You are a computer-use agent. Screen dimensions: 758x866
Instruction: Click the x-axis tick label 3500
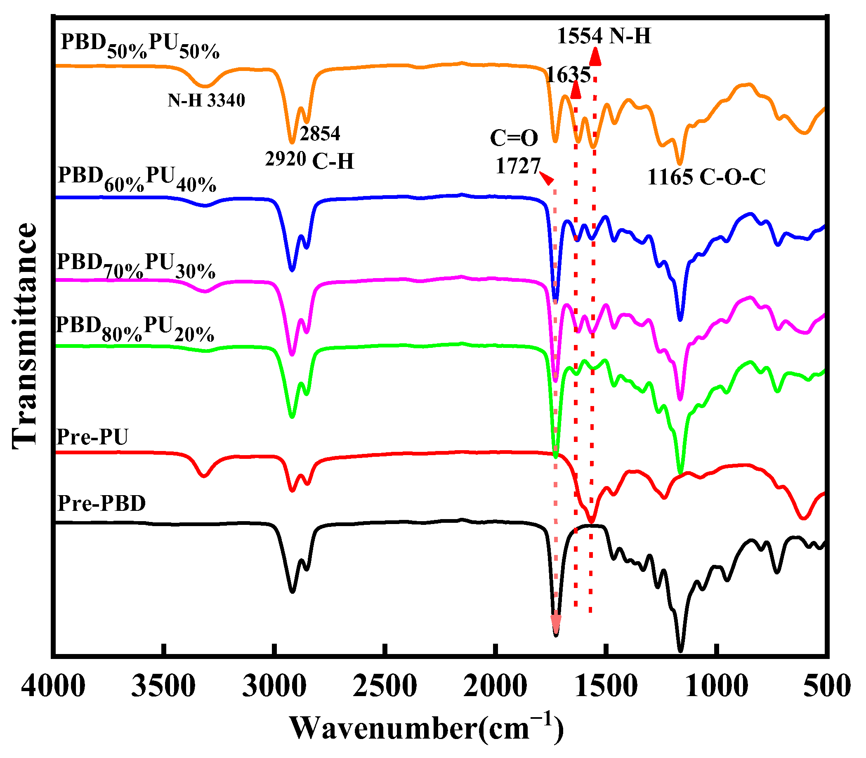[163, 686]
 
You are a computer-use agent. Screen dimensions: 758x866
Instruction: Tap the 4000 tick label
[53, 686]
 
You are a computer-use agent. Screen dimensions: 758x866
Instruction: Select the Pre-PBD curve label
[101, 503]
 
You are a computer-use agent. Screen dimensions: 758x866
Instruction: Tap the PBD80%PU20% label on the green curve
[135, 328]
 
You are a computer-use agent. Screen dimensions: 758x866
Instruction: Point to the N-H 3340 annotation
[206, 101]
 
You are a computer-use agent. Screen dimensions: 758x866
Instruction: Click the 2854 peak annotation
[320, 134]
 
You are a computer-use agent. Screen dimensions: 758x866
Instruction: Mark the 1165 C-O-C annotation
[706, 177]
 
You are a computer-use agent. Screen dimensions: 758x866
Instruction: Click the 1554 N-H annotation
[604, 36]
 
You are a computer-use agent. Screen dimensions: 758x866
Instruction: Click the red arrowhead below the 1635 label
[576, 90]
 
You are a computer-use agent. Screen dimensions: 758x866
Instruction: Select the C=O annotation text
[514, 138]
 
